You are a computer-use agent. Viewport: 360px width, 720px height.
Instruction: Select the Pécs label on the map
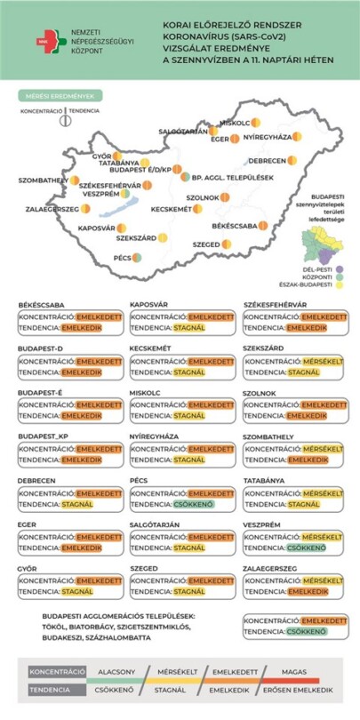click(123, 258)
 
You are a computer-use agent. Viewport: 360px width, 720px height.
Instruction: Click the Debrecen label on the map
click(267, 161)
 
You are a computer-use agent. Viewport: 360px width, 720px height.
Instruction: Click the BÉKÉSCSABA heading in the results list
click(42, 305)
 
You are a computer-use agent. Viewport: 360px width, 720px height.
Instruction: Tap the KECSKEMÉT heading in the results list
click(150, 348)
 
